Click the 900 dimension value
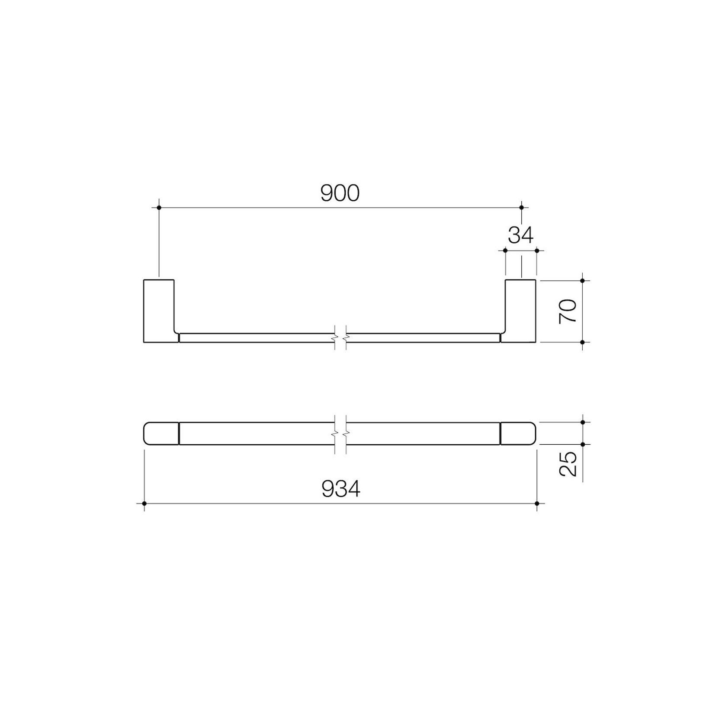click(340, 193)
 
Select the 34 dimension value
click(520, 235)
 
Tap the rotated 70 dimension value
click(568, 311)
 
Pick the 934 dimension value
click(341, 489)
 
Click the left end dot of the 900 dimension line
click(159, 208)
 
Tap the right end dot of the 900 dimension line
click(521, 208)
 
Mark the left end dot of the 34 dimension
click(505, 250)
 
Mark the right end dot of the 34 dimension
click(537, 250)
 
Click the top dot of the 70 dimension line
click(583, 281)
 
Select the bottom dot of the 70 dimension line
click(583, 342)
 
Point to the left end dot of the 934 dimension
click(144, 504)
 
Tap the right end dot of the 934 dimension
click(537, 504)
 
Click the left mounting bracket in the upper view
click(159, 311)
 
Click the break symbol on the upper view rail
click(340, 337)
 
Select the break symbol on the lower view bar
click(340, 433)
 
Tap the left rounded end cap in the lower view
click(161, 433)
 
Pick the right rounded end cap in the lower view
click(518, 433)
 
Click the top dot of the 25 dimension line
click(583, 422)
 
